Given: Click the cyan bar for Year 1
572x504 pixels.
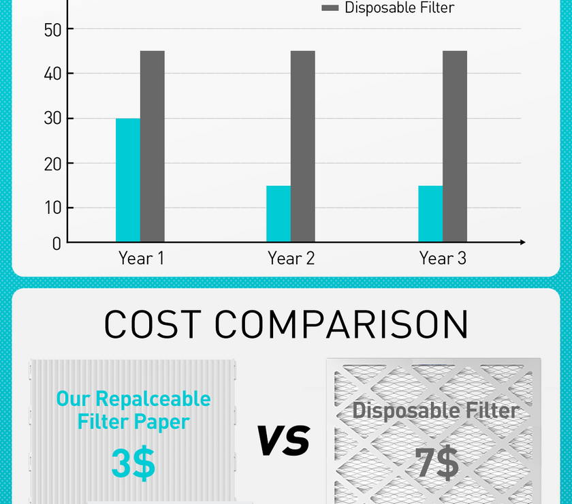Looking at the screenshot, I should (128, 180).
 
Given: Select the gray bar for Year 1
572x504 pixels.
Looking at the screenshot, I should (153, 146).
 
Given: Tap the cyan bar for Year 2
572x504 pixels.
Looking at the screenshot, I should (279, 213).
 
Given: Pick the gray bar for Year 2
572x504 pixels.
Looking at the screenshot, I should (303, 146).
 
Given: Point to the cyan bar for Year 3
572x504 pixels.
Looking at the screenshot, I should (430, 213).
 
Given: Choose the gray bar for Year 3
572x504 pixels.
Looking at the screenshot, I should (455, 146).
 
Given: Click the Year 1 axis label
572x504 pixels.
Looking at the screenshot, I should (141, 259).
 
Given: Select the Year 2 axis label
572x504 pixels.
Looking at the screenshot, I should (291, 259).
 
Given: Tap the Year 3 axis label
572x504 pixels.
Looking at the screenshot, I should (443, 259).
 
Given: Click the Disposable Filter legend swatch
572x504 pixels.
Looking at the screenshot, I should (330, 8).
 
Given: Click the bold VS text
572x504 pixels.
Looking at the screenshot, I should (283, 440).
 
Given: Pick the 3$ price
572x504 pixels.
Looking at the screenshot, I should (133, 462).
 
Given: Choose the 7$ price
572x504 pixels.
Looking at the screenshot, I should (436, 462).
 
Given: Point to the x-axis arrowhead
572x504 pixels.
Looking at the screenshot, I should (522, 242).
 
